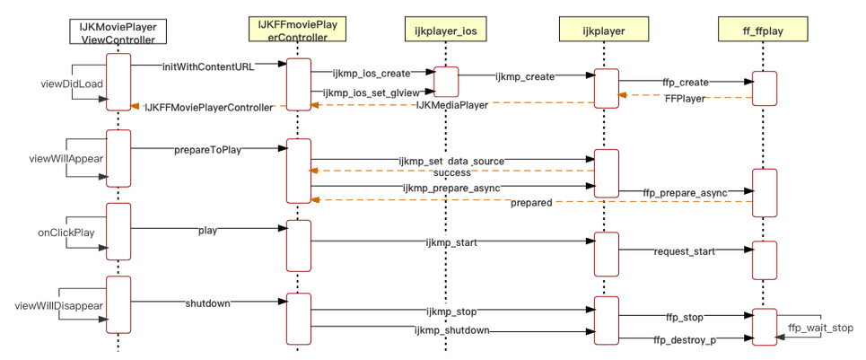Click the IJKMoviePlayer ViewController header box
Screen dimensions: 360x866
pyautogui.click(x=117, y=32)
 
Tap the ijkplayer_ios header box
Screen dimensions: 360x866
pyautogui.click(x=445, y=31)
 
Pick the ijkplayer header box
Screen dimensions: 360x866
pyautogui.click(x=605, y=31)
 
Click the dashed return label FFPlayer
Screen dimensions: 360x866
pyautogui.click(x=685, y=98)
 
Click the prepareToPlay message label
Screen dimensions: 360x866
pyautogui.click(x=207, y=150)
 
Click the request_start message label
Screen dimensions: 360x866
pyautogui.click(x=685, y=251)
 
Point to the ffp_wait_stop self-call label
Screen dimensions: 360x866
pyautogui.click(x=820, y=327)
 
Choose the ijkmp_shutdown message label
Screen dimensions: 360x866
pyautogui.click(x=451, y=330)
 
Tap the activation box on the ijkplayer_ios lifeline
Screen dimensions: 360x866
pyautogui.click(x=446, y=81)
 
